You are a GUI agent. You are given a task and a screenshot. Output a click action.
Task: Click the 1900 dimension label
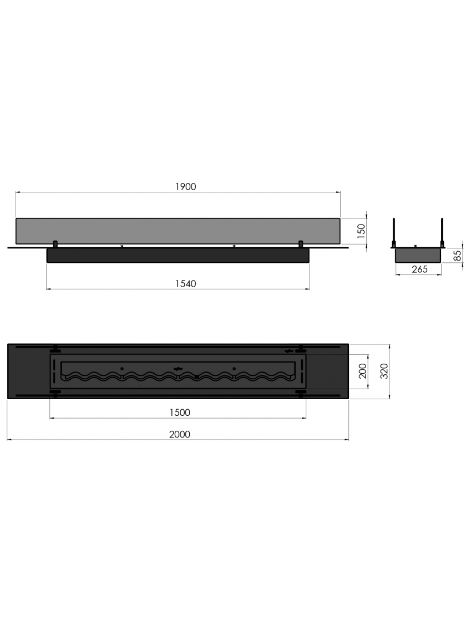pyautogui.click(x=185, y=186)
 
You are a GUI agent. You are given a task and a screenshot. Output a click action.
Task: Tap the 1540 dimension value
pyautogui.click(x=185, y=284)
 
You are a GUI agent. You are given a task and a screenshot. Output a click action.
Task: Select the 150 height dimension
pyautogui.click(x=361, y=232)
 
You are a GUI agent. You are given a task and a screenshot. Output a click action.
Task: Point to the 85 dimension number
pyautogui.click(x=458, y=255)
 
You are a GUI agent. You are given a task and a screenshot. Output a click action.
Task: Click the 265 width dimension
pyautogui.click(x=419, y=269)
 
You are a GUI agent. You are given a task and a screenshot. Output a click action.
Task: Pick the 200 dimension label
pyautogui.click(x=363, y=371)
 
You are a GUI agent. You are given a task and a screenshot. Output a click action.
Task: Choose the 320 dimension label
pyautogui.click(x=384, y=371)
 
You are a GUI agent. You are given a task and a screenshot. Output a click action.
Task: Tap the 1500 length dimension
pyautogui.click(x=180, y=413)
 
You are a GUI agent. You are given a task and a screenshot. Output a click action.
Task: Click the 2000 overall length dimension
pyautogui.click(x=180, y=434)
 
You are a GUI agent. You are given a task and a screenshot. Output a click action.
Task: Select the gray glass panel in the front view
pyautogui.click(x=178, y=231)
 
